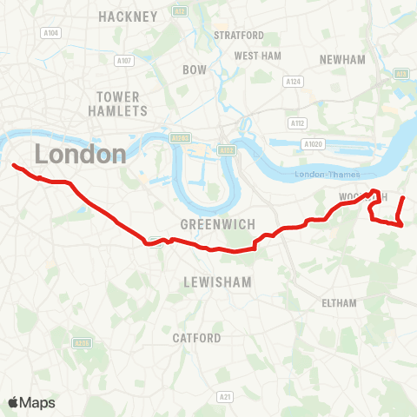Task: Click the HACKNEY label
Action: pyautogui.click(x=129, y=17)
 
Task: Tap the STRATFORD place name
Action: pyautogui.click(x=239, y=36)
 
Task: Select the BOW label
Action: pyautogui.click(x=194, y=69)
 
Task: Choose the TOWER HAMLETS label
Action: pyautogui.click(x=119, y=103)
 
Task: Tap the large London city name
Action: pyautogui.click(x=81, y=155)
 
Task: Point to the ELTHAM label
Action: pyautogui.click(x=339, y=303)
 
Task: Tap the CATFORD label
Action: pyautogui.click(x=197, y=338)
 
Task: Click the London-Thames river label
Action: pyautogui.click(x=322, y=175)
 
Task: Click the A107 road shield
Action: pyautogui.click(x=124, y=61)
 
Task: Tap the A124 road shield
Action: pyautogui.click(x=294, y=81)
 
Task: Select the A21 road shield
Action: pyautogui.click(x=226, y=396)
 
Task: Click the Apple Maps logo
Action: pyautogui.click(x=31, y=402)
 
